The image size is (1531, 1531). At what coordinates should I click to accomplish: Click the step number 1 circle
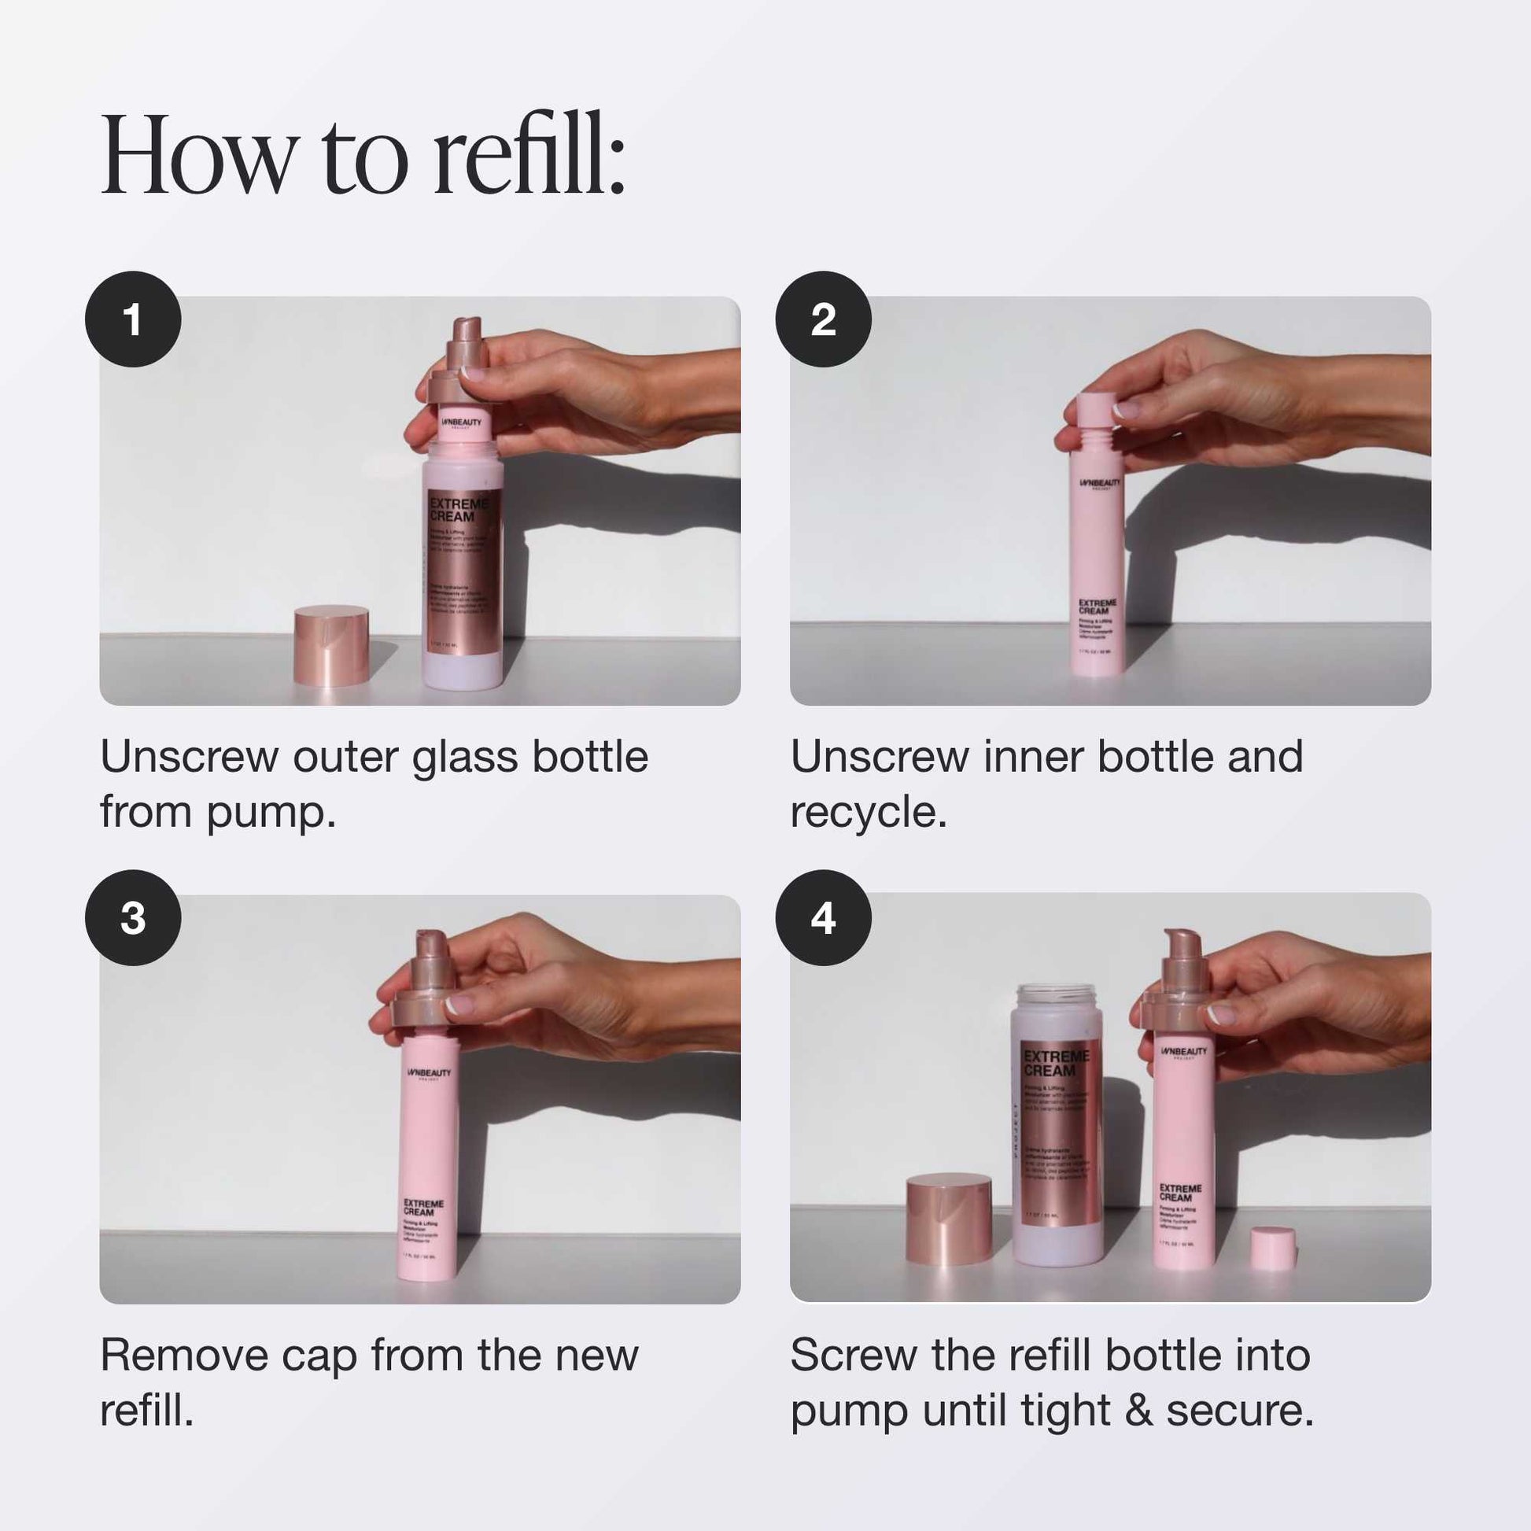point(133,319)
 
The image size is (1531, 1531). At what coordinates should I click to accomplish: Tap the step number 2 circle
point(824,319)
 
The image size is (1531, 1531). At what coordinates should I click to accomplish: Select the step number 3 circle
point(133,917)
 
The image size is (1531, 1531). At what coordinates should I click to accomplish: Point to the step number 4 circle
point(824,917)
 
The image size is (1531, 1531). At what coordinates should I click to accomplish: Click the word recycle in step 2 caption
point(868,813)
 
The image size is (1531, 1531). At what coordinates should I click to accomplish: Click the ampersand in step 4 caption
point(1138,1411)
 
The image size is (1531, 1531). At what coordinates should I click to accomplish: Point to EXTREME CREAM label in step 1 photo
point(459,510)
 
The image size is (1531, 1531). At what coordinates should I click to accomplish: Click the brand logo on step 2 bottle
point(1100,483)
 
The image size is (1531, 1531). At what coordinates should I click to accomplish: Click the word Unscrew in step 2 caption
point(879,757)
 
